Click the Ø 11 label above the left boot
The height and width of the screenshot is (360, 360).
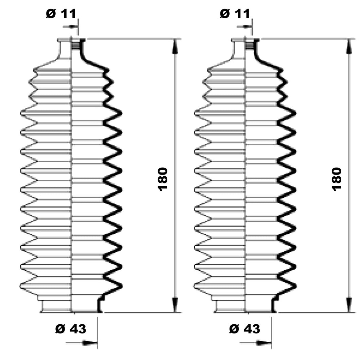pos(61,14)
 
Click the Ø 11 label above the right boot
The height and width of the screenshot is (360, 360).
pos(235,14)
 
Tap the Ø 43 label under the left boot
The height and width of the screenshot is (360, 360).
pos(71,329)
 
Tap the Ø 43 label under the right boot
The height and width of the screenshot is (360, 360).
pos(245,329)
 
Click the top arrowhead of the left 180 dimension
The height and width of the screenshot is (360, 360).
pos(175,47)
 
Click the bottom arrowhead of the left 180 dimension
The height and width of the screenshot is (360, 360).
pos(175,305)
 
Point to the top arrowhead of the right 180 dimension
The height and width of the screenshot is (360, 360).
pos(349,47)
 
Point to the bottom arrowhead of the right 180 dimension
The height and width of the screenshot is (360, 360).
pos(349,305)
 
